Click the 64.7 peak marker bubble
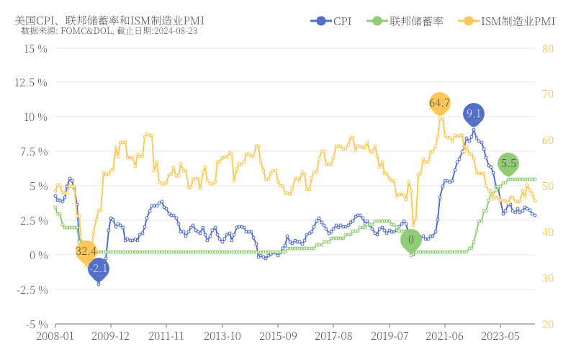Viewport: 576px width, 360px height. tap(439, 103)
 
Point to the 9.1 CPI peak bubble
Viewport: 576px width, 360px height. tap(474, 113)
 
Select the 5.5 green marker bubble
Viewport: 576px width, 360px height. tap(508, 163)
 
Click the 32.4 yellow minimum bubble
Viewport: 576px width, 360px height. tap(86, 251)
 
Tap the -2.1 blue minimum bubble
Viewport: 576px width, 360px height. tap(99, 269)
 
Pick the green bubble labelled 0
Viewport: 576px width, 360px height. tap(411, 240)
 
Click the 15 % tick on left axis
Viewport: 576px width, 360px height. tap(35, 48)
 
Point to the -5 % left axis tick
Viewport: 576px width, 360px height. tap(35, 324)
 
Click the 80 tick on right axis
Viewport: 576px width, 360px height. tap(547, 48)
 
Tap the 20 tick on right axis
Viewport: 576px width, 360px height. tap(547, 324)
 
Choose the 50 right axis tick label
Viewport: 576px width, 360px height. tap(547, 186)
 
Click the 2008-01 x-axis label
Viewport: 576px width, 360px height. tap(55, 336)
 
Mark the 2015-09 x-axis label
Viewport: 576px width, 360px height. tap(278, 336)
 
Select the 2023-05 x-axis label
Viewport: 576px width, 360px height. tap(500, 336)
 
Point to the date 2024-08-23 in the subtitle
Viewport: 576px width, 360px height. tap(175, 31)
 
